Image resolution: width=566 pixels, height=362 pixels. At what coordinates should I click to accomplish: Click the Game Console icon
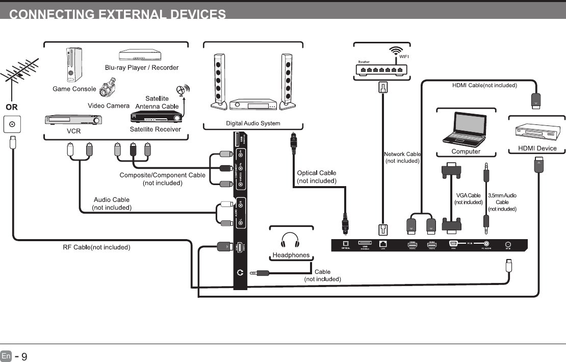coord(73,65)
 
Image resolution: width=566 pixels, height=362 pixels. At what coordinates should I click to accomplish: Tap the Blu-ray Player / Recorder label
coord(142,67)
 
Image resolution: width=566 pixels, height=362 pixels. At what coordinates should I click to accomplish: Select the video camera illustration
coord(108,89)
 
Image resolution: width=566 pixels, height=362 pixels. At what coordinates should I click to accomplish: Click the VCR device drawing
coord(73,120)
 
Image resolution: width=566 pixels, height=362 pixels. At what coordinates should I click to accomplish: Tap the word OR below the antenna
coord(12,108)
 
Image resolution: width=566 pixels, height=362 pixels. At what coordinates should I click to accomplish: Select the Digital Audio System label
coord(253,123)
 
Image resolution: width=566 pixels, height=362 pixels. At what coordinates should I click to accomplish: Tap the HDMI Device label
coord(537,148)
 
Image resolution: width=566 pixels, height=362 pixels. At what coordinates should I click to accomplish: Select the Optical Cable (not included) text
coord(317,177)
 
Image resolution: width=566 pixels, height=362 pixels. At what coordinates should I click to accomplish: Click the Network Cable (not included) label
coord(402,158)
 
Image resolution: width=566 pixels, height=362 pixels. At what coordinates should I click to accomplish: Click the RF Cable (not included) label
coord(97,247)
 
